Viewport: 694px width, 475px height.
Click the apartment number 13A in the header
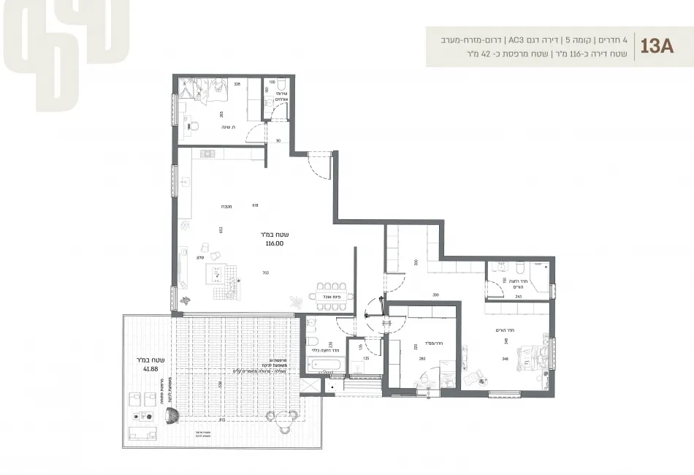coord(657,46)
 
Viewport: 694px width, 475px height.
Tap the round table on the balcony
coord(291,417)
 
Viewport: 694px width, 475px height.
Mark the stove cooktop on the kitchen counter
coord(207,153)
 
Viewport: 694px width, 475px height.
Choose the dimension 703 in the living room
coord(255,273)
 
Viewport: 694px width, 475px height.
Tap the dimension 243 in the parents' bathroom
coord(519,296)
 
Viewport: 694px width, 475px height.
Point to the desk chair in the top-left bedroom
coord(193,126)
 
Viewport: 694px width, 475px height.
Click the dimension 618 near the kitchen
coord(255,205)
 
